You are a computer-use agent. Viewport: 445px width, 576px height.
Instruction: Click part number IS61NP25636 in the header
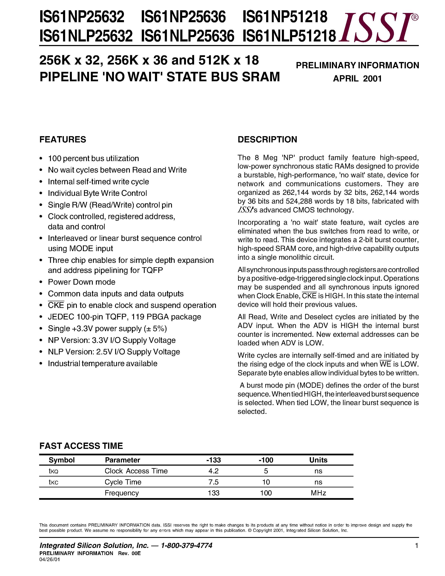[x=183, y=17]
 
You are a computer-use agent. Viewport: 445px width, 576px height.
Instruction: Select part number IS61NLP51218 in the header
[x=289, y=36]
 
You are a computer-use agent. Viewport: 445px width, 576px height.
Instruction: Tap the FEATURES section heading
[x=63, y=139]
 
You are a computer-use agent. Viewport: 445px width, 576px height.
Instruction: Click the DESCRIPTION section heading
[x=267, y=139]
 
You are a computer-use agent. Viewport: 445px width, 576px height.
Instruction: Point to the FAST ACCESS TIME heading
[x=81, y=446]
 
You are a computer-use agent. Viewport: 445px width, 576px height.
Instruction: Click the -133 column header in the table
[x=214, y=460]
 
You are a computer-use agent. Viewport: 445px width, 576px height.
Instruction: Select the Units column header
[x=318, y=460]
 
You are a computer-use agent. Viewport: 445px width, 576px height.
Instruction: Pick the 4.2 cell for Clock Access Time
[x=214, y=471]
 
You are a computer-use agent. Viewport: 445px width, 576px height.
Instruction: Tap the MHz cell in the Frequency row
[x=318, y=493]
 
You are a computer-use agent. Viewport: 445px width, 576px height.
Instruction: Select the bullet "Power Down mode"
[x=81, y=282]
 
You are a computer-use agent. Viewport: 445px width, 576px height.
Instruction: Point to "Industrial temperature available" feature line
[x=103, y=363]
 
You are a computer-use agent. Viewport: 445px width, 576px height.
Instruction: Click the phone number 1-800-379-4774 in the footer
[x=187, y=545]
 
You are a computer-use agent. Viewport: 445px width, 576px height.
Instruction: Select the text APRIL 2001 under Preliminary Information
[x=357, y=79]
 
